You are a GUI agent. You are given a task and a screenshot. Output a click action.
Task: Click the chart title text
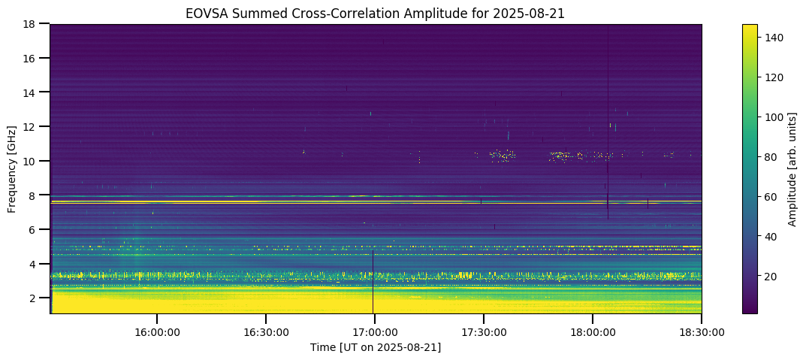[376, 13]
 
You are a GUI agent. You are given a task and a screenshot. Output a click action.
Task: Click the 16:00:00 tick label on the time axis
[156, 331]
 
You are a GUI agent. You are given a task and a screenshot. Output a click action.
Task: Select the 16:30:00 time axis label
[266, 331]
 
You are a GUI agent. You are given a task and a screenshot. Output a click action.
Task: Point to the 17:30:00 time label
[484, 331]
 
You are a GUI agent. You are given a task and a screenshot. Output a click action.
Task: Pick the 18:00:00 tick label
[593, 331]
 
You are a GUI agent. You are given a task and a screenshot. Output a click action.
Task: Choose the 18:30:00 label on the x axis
[702, 331]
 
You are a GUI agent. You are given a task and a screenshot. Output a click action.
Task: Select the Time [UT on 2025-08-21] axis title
[376, 347]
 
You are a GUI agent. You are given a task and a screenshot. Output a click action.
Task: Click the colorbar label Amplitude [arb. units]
[792, 168]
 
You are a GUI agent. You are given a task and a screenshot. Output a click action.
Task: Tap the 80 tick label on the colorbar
[772, 157]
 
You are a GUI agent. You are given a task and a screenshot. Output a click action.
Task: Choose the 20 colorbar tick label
[772, 277]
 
